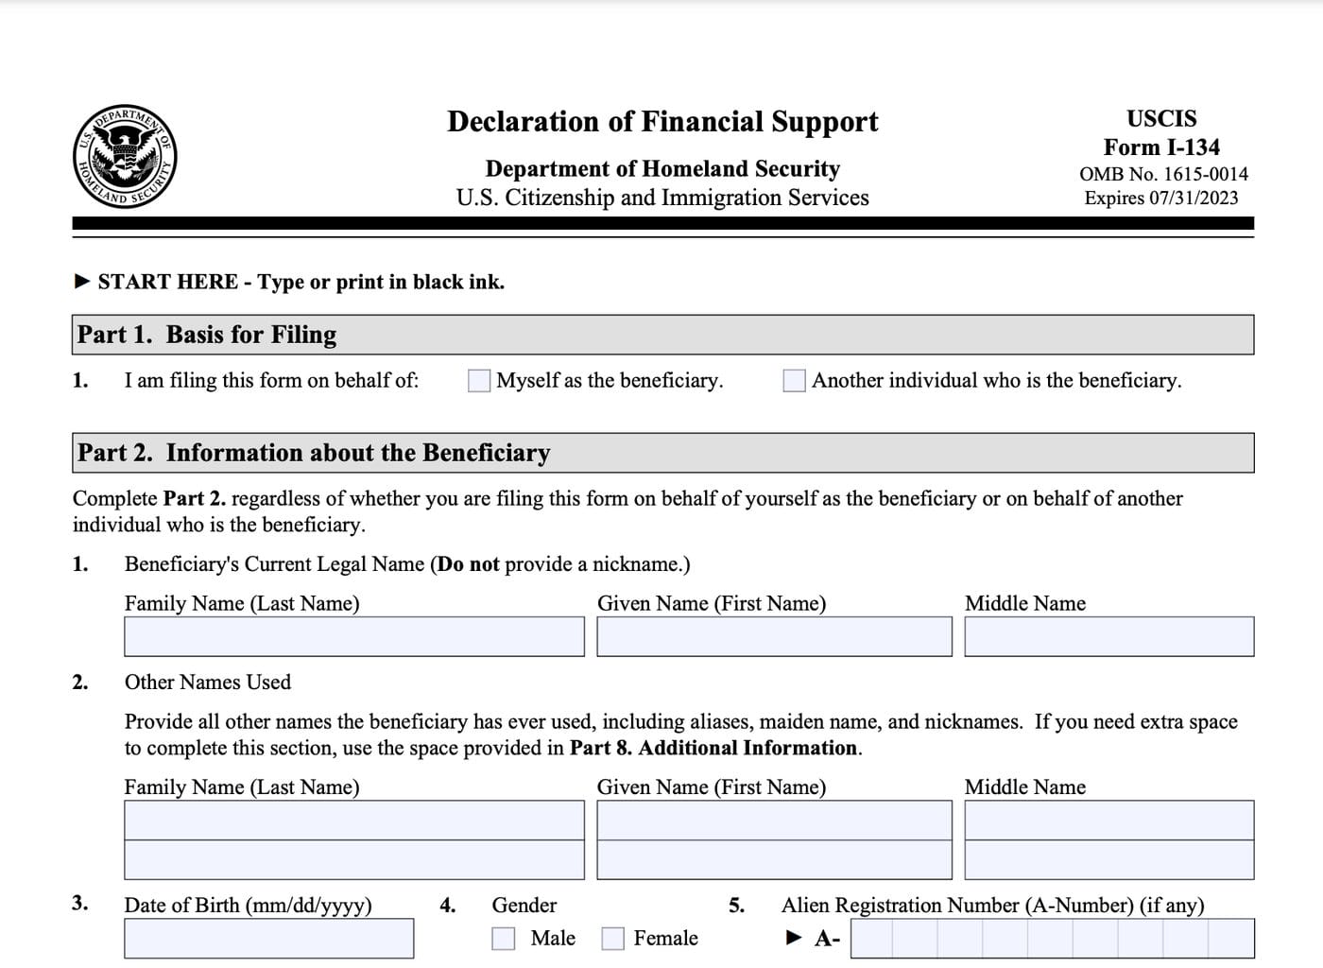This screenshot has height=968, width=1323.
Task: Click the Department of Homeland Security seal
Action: [125, 156]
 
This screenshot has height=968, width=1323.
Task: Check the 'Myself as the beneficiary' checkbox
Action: [479, 380]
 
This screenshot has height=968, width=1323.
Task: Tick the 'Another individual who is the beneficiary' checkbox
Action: [794, 380]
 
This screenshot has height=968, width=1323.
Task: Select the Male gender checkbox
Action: [504, 938]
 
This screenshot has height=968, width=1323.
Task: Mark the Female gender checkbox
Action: [613, 938]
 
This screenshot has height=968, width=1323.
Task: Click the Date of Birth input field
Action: [268, 939]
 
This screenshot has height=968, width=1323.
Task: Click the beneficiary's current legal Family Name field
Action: [353, 637]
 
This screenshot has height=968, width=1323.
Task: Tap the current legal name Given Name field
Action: [774, 637]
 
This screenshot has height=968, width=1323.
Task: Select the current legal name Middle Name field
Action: [1108, 637]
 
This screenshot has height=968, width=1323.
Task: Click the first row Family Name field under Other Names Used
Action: [353, 821]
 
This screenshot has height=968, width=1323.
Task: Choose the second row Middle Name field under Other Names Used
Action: [1108, 860]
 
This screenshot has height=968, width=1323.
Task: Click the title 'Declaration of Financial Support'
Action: [661, 122]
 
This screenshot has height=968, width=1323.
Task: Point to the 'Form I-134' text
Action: [1161, 147]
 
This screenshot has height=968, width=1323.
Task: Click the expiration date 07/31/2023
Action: [1194, 198]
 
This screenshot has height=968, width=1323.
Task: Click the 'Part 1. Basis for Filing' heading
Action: [207, 335]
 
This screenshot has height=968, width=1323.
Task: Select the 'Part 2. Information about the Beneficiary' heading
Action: [314, 453]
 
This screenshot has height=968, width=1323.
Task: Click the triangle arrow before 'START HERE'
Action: [82, 282]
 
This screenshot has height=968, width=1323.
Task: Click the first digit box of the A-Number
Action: [870, 939]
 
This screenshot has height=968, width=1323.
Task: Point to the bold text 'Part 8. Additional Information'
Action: [713, 748]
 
